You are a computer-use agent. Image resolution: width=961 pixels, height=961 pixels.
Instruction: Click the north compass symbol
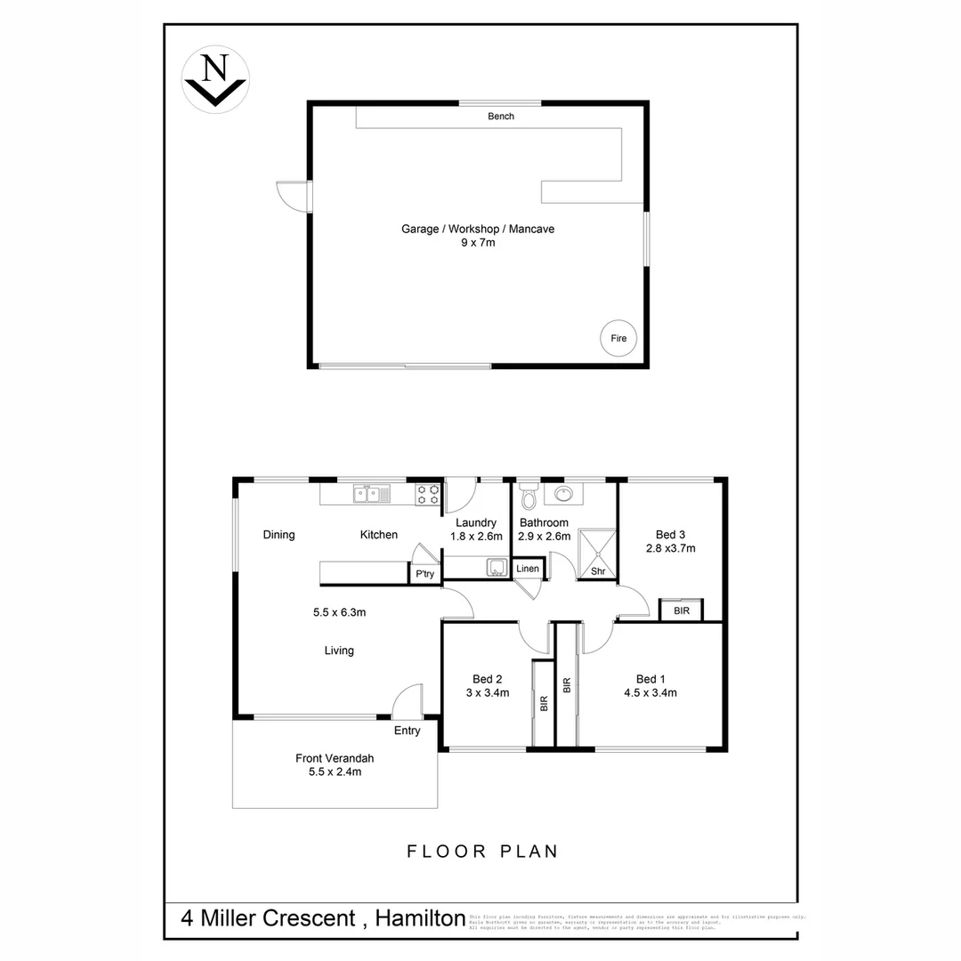click(x=214, y=78)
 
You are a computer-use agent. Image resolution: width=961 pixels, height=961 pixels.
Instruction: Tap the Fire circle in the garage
click(x=618, y=338)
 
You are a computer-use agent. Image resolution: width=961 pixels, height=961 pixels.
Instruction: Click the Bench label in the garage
click(x=500, y=117)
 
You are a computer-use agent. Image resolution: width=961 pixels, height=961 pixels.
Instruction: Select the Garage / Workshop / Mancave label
click(x=477, y=229)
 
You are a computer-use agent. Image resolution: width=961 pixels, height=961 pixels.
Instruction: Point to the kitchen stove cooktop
click(x=427, y=494)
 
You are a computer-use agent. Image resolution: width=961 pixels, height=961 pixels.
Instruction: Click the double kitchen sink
click(x=372, y=493)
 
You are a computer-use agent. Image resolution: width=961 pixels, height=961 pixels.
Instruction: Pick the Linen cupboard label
click(x=527, y=569)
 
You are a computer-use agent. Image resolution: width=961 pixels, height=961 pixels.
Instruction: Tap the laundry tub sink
click(x=495, y=567)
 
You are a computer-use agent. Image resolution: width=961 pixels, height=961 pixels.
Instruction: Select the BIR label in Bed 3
click(x=681, y=611)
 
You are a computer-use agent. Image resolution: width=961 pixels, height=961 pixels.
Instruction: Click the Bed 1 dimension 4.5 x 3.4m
click(x=650, y=692)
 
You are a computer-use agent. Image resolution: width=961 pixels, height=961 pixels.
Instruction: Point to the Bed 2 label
click(x=487, y=679)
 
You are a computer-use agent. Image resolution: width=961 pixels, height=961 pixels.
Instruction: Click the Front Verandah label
click(x=335, y=758)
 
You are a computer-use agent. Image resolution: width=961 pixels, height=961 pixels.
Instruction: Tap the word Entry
click(x=407, y=731)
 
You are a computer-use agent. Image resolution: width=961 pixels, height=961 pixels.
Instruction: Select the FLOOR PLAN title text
click(x=482, y=852)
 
